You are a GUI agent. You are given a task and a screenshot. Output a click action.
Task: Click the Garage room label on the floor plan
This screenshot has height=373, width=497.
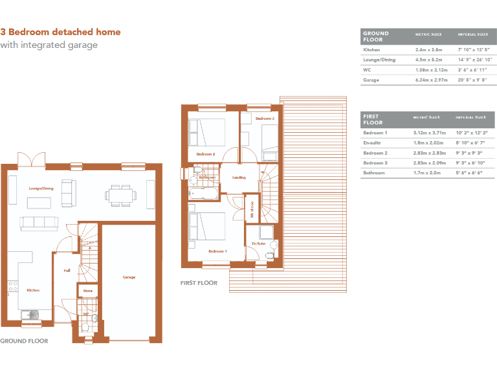(129, 277)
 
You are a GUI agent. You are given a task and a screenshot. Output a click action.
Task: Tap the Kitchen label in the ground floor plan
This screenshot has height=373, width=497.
(33, 291)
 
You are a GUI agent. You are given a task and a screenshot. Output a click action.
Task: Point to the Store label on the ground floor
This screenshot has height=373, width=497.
(88, 291)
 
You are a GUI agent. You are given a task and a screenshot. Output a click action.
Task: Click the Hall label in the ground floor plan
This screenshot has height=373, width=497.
(66, 271)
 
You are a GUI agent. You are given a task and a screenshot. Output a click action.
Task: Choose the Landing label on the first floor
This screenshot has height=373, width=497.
(239, 177)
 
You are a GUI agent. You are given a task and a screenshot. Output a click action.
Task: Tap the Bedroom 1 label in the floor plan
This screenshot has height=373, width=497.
(217, 251)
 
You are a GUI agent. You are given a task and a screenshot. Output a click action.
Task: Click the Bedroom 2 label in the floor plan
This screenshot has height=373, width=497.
(206, 154)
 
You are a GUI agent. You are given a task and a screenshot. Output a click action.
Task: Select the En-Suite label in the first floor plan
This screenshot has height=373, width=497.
(259, 243)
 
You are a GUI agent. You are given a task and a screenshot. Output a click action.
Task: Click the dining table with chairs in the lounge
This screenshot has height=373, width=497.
(121, 194)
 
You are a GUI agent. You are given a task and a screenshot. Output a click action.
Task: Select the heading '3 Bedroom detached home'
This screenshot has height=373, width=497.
(60, 32)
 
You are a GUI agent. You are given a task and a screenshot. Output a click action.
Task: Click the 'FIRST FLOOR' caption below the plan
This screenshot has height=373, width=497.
(199, 283)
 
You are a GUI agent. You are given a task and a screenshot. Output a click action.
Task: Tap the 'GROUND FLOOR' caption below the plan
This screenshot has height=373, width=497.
(24, 341)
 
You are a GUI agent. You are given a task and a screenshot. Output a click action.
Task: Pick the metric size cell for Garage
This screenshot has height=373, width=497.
(428, 80)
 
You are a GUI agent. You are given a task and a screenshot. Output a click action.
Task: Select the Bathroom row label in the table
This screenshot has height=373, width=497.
(374, 173)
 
